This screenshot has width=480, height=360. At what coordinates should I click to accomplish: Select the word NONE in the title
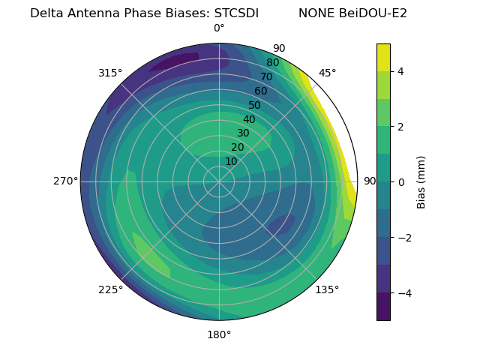[x=316, y=13]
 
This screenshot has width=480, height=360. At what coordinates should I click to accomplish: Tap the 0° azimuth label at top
[x=219, y=28]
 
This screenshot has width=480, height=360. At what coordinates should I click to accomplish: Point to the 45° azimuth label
[x=327, y=73]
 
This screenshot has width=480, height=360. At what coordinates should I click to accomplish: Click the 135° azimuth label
[x=327, y=289]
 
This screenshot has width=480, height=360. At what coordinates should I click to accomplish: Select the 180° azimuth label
[x=219, y=334]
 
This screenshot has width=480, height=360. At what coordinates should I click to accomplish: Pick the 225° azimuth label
[x=110, y=290]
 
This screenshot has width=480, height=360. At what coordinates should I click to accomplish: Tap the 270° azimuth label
[x=65, y=181]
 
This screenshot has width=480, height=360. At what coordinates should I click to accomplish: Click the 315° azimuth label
[x=110, y=73]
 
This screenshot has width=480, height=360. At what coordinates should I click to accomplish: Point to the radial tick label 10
[x=231, y=161]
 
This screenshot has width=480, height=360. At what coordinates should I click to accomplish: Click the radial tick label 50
[x=255, y=105]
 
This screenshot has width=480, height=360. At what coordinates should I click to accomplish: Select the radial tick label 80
[x=273, y=63]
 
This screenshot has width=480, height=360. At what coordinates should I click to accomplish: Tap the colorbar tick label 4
[x=400, y=71]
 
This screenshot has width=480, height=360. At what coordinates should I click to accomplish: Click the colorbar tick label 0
[x=400, y=181]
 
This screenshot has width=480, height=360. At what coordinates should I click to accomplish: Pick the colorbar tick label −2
[x=402, y=238]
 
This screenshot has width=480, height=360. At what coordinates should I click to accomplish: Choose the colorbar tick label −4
[x=402, y=292]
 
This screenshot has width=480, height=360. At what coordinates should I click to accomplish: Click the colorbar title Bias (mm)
[x=421, y=181]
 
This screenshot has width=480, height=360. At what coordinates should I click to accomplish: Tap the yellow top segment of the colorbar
[x=383, y=57]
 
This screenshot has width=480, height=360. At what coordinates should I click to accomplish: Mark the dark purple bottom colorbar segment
[x=383, y=307]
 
